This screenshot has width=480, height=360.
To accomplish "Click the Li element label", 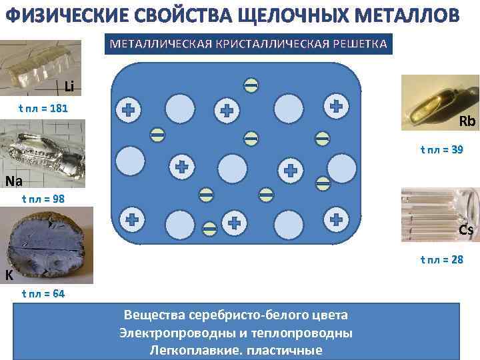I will [70, 86].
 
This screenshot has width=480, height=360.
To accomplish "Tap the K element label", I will [9, 275].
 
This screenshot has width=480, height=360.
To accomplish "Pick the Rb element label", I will [467, 121].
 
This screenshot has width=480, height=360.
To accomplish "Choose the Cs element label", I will [466, 231].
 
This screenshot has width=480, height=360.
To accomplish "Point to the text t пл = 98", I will [43, 198].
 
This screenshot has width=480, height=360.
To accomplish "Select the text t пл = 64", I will [43, 293].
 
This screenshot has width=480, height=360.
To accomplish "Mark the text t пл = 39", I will [441, 150].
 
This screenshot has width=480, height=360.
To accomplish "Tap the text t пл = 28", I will [441, 259].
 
